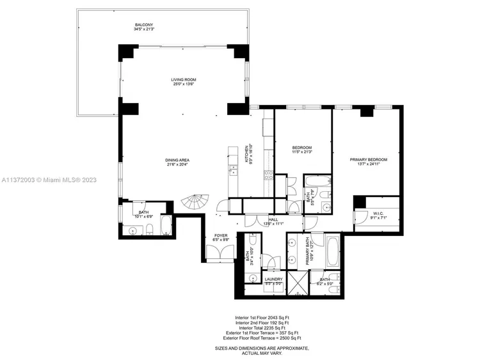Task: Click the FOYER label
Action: [x=220, y=237]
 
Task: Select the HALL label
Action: [x=273, y=219]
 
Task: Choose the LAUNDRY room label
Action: [x=273, y=279]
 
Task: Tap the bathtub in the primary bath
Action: [x=335, y=252]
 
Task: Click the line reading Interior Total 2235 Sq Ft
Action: [x=260, y=327]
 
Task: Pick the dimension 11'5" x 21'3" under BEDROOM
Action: [x=301, y=152]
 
